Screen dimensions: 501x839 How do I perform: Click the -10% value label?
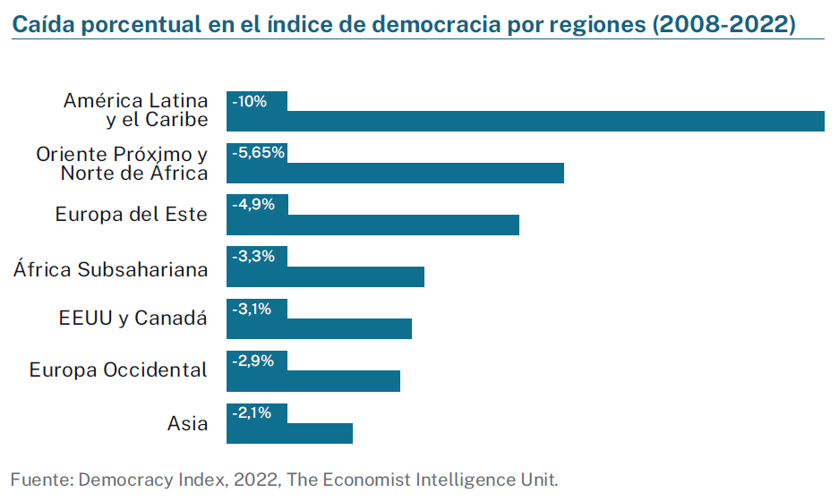click(250, 101)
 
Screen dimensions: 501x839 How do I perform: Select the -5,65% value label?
click(258, 153)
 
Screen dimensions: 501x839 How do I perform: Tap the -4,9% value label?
click(253, 205)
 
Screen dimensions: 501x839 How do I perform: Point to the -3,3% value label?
click(253, 257)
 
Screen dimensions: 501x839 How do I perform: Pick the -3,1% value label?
click(253, 309)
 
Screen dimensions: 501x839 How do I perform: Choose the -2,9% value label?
click(253, 361)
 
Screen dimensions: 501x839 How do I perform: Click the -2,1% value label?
click(253, 413)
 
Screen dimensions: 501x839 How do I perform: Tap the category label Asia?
click(187, 423)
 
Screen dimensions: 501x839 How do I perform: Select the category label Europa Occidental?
click(118, 370)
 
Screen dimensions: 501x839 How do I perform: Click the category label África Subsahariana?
click(110, 268)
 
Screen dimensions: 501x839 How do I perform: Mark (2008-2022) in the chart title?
click(724, 24)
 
